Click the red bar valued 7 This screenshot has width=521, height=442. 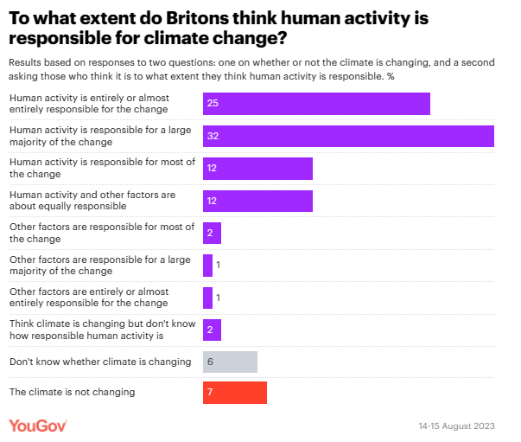(x=234, y=393)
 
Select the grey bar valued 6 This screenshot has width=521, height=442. (x=230, y=362)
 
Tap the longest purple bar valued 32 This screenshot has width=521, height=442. (x=348, y=136)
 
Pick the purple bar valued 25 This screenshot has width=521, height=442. (x=316, y=104)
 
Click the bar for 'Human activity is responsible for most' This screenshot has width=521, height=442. (x=257, y=168)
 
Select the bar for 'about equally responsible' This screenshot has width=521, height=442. (x=257, y=201)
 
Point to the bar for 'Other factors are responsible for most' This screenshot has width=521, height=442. (x=213, y=233)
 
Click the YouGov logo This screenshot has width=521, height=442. (x=38, y=426)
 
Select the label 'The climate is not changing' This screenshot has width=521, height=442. (x=72, y=392)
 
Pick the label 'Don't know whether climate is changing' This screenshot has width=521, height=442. (x=95, y=361)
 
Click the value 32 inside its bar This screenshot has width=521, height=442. (x=213, y=137)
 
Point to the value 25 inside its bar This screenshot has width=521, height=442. (x=213, y=104)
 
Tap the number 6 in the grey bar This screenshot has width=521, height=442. (x=210, y=362)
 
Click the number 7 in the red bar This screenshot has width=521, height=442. (x=210, y=394)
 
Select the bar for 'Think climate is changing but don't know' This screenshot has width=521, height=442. (x=213, y=330)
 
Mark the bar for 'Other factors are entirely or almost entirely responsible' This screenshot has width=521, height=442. (x=207, y=298)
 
